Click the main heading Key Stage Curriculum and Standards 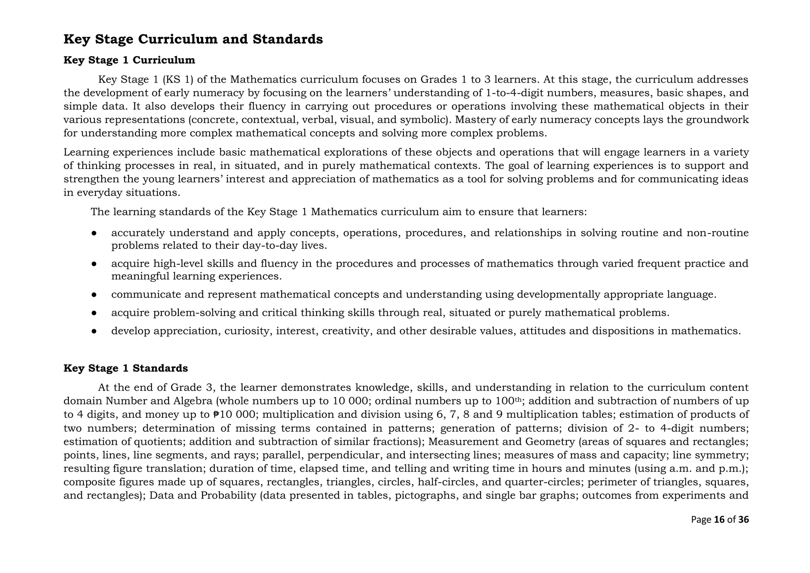(x=193, y=39)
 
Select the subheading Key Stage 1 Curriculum (x=129, y=60)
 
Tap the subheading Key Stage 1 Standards (x=125, y=368)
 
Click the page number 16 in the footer (x=719, y=520)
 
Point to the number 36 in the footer (x=744, y=520)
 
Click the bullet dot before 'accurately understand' (x=94, y=233)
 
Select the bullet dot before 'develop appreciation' (x=94, y=331)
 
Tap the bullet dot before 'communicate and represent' (x=94, y=295)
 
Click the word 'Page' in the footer (x=701, y=520)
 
